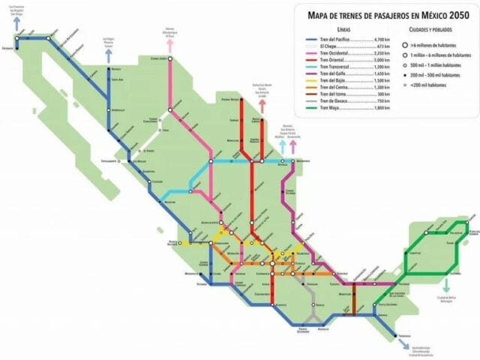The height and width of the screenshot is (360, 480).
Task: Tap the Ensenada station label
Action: point(8,49)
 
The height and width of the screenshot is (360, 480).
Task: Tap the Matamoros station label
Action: point(303,160)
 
